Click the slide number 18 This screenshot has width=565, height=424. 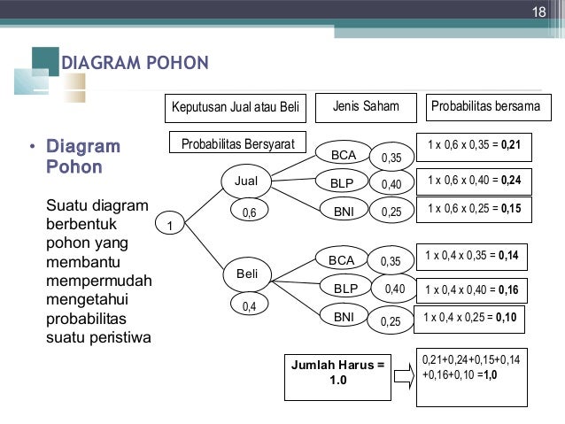pos(538,12)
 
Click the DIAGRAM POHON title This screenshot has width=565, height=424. pos(134,63)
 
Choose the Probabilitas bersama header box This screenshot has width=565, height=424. pos(485,108)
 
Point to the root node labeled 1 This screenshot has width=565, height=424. pos(170,226)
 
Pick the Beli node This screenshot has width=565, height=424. pos(247,274)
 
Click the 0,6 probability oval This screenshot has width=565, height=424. pos(248,212)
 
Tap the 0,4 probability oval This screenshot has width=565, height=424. pos(248,305)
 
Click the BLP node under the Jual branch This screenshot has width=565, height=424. pos(343,184)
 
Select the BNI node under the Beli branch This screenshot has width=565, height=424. pos(343,316)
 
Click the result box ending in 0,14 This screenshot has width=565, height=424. pos(471,257)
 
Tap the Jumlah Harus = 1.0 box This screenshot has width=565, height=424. pos(337,371)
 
